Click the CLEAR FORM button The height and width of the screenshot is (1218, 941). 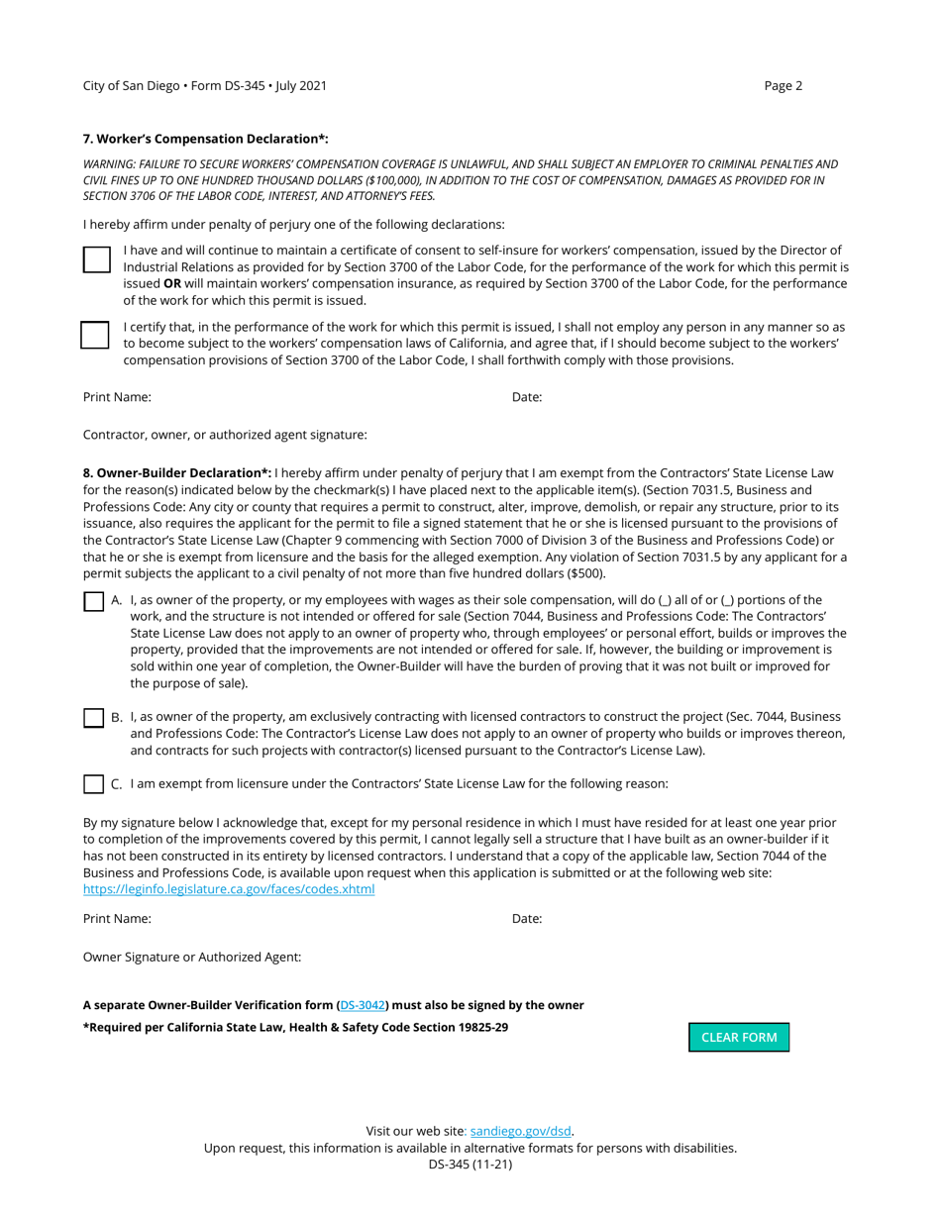tap(739, 1037)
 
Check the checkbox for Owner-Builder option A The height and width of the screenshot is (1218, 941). tap(93, 601)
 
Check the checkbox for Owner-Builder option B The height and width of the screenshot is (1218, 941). tap(93, 717)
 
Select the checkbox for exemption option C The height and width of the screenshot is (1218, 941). tap(93, 783)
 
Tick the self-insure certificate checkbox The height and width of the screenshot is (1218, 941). tap(95, 259)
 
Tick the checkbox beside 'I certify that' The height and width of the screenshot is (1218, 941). tap(95, 335)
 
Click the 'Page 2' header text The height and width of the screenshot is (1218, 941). tap(783, 85)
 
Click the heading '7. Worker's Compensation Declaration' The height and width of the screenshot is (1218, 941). tap(205, 139)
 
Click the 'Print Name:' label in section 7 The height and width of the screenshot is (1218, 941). tap(117, 397)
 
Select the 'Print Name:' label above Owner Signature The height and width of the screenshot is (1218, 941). tap(117, 918)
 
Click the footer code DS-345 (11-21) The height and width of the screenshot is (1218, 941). tap(470, 1165)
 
